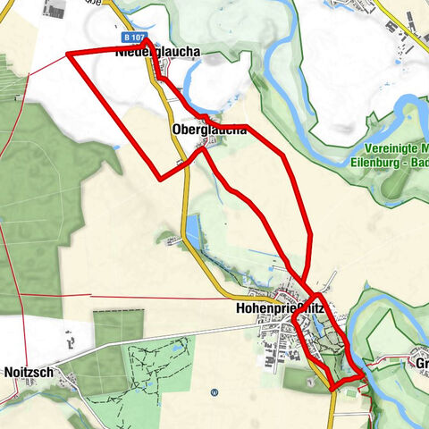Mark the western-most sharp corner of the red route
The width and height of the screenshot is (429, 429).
point(68,55)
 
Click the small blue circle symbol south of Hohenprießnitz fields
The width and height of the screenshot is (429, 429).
point(214,391)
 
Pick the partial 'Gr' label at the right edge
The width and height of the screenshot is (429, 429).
point(420,363)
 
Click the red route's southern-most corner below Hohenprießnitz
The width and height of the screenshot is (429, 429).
point(334,387)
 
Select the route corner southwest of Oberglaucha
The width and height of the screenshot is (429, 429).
point(161,179)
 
